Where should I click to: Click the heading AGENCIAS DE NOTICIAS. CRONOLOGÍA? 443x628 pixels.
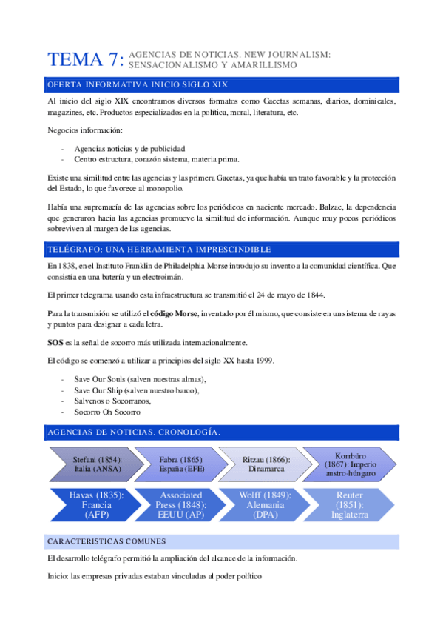[133, 432]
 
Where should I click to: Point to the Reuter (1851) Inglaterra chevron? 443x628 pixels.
[351, 504]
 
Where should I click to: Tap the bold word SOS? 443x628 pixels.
[54, 342]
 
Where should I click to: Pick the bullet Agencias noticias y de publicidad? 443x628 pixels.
[129, 148]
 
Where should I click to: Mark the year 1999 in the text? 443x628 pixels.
[264, 361]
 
